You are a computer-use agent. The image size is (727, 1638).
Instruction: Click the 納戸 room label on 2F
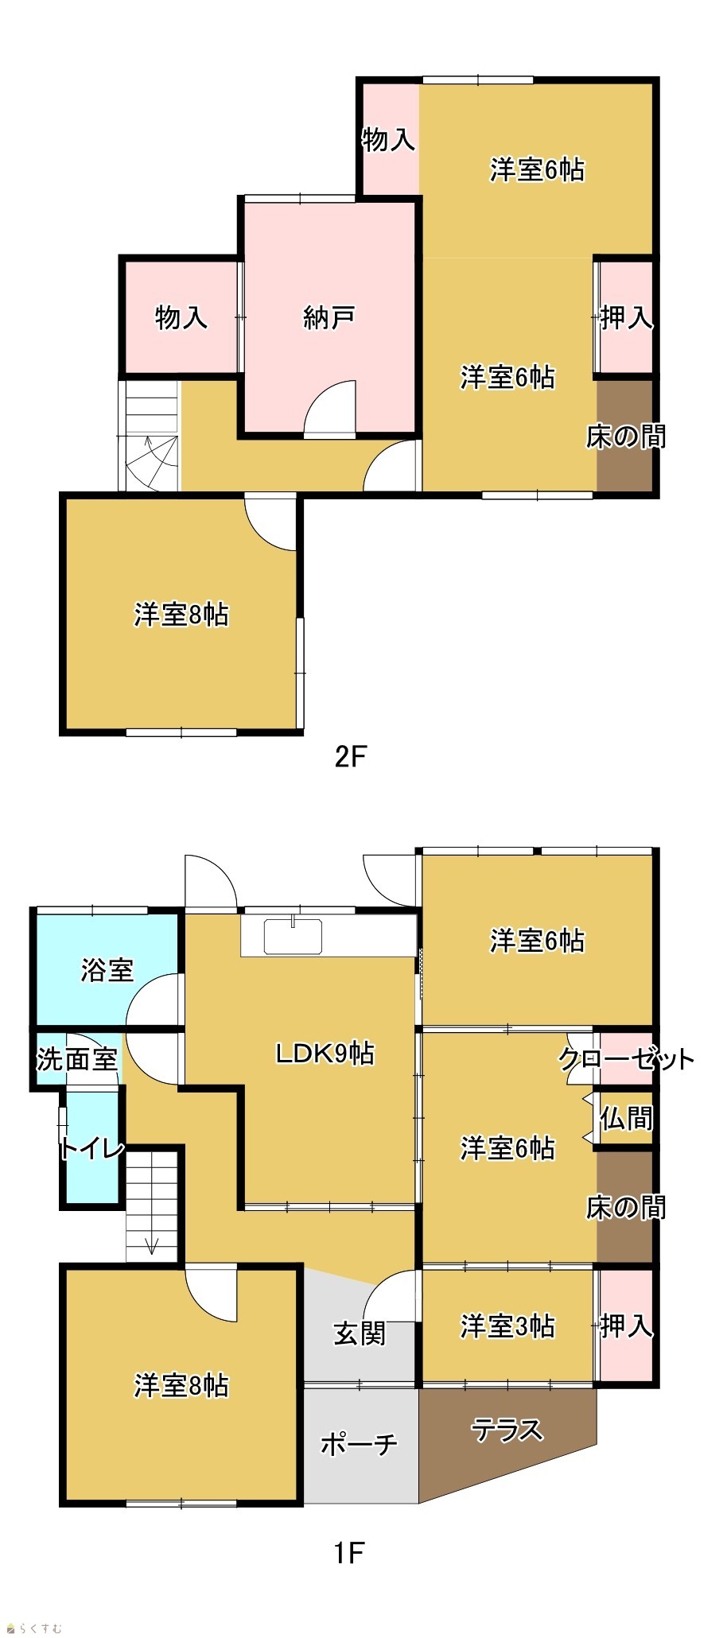[x=329, y=318]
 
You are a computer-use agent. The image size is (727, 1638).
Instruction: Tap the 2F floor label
[x=349, y=756]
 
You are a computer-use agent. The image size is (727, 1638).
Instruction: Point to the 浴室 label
[x=107, y=970]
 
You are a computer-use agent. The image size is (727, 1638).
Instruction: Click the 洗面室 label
[x=77, y=1059]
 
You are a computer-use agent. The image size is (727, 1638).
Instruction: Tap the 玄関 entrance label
[x=360, y=1333]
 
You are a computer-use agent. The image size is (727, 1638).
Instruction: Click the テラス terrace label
[x=507, y=1430]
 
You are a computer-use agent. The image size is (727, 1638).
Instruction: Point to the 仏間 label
[x=627, y=1119]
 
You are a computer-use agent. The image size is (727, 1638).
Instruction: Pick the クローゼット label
[x=627, y=1059]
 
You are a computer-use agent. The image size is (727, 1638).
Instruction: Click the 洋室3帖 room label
[x=507, y=1326]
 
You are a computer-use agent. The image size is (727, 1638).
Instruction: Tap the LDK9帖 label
[x=325, y=1054]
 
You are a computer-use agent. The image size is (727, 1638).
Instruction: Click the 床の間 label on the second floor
[x=626, y=437]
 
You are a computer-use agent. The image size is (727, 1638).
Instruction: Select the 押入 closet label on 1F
[x=627, y=1326]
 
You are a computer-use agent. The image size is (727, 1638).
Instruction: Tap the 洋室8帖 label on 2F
[x=181, y=615]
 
